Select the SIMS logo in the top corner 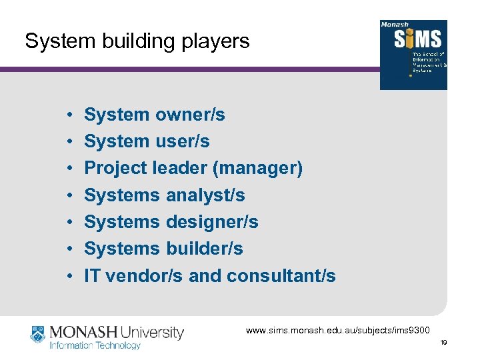[x=413, y=55]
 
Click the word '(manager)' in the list [x=257, y=168]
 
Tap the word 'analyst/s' [x=205, y=195]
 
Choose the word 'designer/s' [x=212, y=222]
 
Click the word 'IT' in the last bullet [x=92, y=275]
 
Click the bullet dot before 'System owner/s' [x=69, y=115]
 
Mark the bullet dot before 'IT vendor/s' [x=69, y=276]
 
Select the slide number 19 [x=443, y=343]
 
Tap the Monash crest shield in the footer [x=38, y=333]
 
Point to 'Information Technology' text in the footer [x=95, y=345]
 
